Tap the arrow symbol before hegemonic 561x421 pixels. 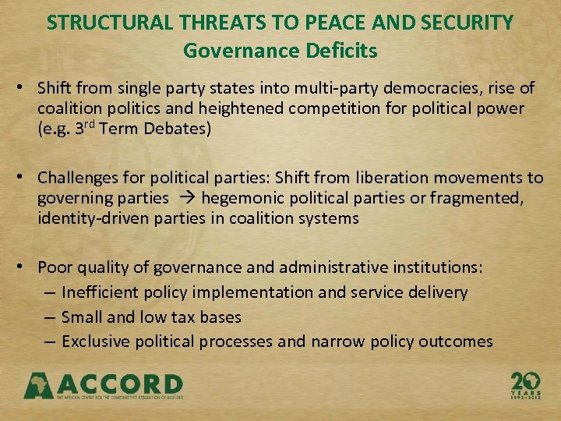coord(185,198)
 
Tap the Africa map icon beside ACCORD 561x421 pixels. coord(38,384)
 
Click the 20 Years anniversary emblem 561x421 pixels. coord(525,384)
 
